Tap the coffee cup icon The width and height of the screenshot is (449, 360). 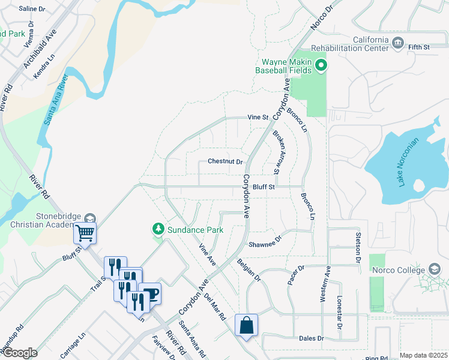pos(150,293)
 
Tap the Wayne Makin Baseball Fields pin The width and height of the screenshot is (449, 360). pos(321,65)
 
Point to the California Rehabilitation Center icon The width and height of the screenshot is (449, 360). pos(397,43)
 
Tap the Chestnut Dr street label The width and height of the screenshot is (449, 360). pos(225,161)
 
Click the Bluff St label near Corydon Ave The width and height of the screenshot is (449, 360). pos(263,187)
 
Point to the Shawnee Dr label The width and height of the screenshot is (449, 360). pos(265,244)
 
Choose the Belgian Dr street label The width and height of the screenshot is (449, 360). pos(249,270)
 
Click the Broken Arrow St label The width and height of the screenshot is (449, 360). pos(277,152)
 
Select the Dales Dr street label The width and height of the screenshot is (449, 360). pos(311,338)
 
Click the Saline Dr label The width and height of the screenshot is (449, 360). pos(32,9)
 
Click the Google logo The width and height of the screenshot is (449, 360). pos(20,352)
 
